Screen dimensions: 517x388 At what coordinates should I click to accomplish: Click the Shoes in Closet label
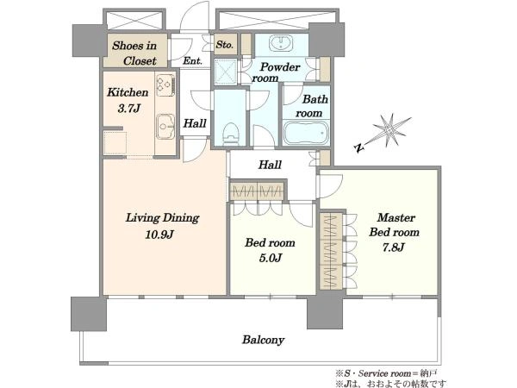134,53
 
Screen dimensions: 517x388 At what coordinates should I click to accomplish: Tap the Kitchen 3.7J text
128,100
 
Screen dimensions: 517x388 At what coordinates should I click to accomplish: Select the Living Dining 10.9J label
162,226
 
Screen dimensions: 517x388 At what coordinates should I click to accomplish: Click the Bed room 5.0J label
270,250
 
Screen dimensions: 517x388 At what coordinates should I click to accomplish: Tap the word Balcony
263,340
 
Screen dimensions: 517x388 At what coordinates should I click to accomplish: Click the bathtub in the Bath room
306,133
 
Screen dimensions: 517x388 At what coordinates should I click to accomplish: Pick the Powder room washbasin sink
281,44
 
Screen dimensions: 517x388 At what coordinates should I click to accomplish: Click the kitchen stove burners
165,85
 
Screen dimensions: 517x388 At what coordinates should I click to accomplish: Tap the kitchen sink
165,127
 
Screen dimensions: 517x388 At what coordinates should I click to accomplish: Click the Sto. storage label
225,44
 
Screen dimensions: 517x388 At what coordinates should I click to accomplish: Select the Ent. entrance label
192,60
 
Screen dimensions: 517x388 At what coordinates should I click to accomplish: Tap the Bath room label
312,106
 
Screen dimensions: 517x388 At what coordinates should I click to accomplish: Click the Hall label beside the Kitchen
195,123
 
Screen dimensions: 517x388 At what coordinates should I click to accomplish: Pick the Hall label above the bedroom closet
270,165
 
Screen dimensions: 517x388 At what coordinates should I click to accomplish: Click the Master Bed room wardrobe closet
331,252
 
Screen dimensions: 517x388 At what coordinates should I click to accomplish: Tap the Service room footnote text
386,374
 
